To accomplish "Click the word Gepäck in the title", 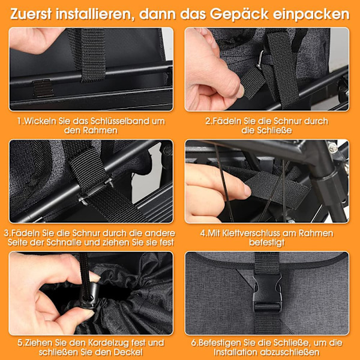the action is point(239,14).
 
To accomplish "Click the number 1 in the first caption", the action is point(19,121).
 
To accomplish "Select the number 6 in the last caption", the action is point(194,343).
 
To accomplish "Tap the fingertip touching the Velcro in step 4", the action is point(246,191).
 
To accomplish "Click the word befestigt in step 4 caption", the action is point(266,242).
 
